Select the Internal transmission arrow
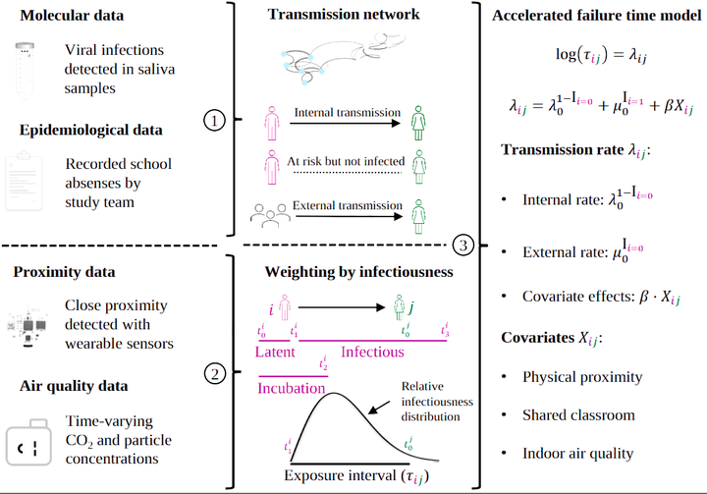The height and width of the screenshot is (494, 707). (x=349, y=122)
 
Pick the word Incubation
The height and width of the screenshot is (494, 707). (x=292, y=388)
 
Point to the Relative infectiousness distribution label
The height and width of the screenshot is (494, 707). (x=437, y=401)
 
